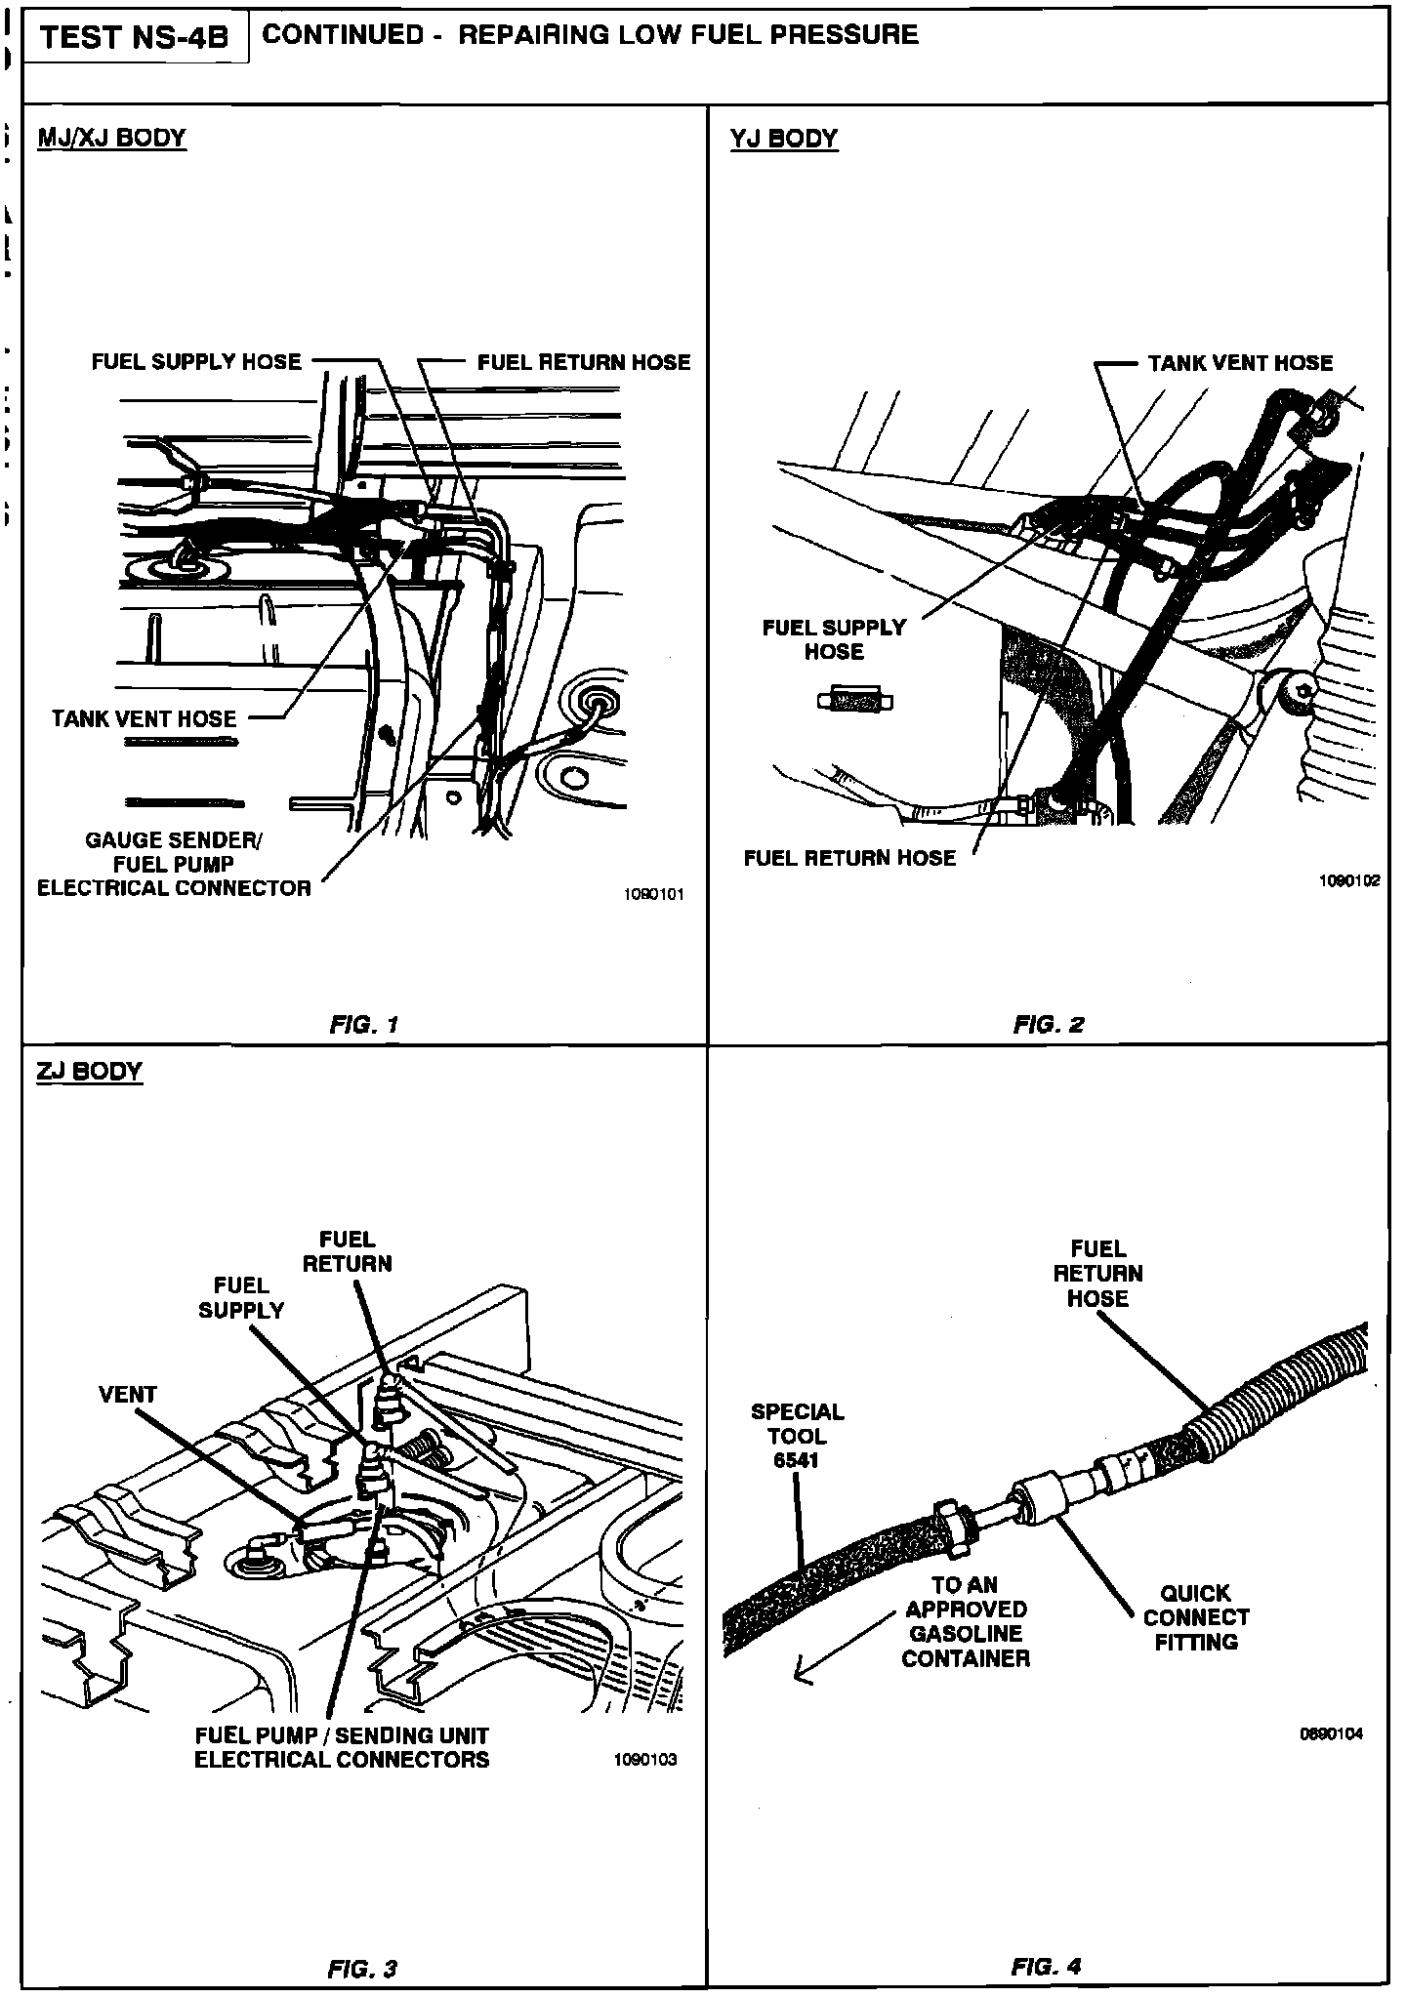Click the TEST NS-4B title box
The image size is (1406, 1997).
pyautogui.click(x=135, y=37)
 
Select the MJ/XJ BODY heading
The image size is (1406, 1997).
pyautogui.click(x=111, y=138)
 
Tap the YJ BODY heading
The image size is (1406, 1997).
pyautogui.click(x=783, y=139)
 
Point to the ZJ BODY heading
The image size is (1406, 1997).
pyautogui.click(x=89, y=1071)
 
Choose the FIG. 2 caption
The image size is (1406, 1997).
pyautogui.click(x=1049, y=1025)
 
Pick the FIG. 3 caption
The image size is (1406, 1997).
pyautogui.click(x=362, y=1969)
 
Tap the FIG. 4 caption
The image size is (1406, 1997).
pyautogui.click(x=1046, y=1967)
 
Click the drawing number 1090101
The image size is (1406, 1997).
pyautogui.click(x=654, y=894)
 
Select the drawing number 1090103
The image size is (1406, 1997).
pyautogui.click(x=644, y=1760)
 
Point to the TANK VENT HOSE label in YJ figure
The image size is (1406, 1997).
pyautogui.click(x=1240, y=363)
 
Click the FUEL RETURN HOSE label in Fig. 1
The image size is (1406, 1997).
pyautogui.click(x=583, y=363)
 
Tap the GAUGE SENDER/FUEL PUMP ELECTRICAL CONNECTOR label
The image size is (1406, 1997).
pyautogui.click(x=174, y=864)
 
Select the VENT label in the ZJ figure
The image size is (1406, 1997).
pyautogui.click(x=127, y=1395)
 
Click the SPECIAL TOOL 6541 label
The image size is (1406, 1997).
pyautogui.click(x=797, y=1436)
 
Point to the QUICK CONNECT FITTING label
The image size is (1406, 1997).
pyautogui.click(x=1195, y=1617)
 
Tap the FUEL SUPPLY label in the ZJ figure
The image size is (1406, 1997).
pyautogui.click(x=241, y=1298)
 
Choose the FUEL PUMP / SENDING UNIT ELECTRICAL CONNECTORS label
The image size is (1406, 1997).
pyautogui.click(x=342, y=1747)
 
